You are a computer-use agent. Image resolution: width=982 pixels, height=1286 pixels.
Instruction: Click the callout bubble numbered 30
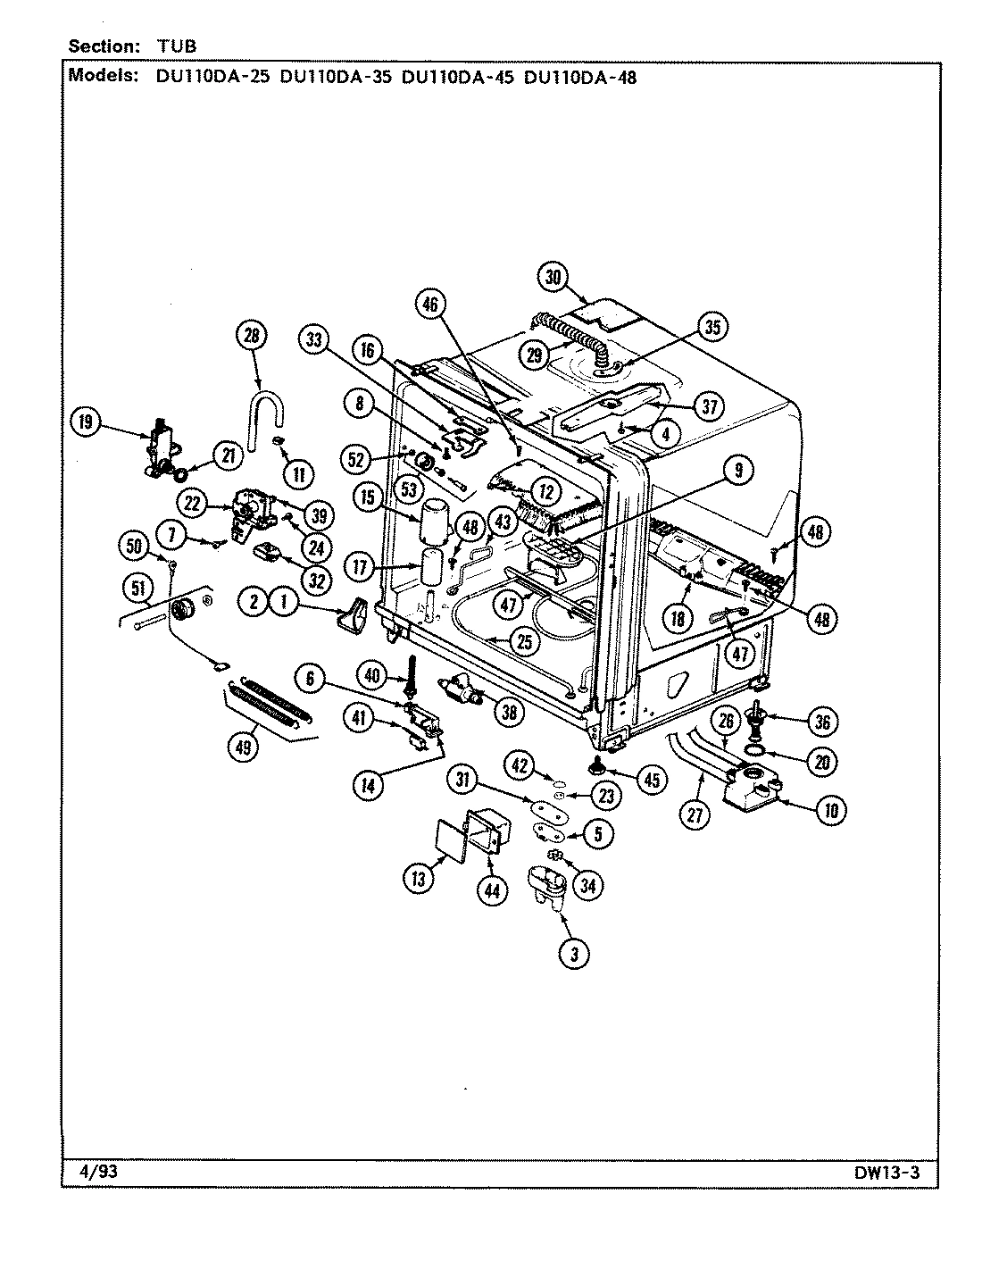click(x=554, y=278)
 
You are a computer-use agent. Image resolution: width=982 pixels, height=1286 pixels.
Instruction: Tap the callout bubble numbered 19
click(x=87, y=422)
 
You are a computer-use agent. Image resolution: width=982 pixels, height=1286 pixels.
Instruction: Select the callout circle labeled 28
click(x=253, y=336)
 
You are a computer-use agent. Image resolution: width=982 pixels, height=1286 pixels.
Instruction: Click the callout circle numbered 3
click(x=574, y=954)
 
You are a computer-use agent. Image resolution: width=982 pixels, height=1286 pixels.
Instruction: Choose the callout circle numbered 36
click(x=822, y=721)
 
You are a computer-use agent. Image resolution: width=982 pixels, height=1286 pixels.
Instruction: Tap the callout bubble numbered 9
click(x=737, y=472)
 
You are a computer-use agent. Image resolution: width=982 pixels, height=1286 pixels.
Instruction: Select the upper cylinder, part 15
click(x=433, y=520)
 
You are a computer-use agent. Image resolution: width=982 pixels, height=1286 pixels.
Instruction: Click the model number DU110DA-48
click(x=580, y=77)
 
